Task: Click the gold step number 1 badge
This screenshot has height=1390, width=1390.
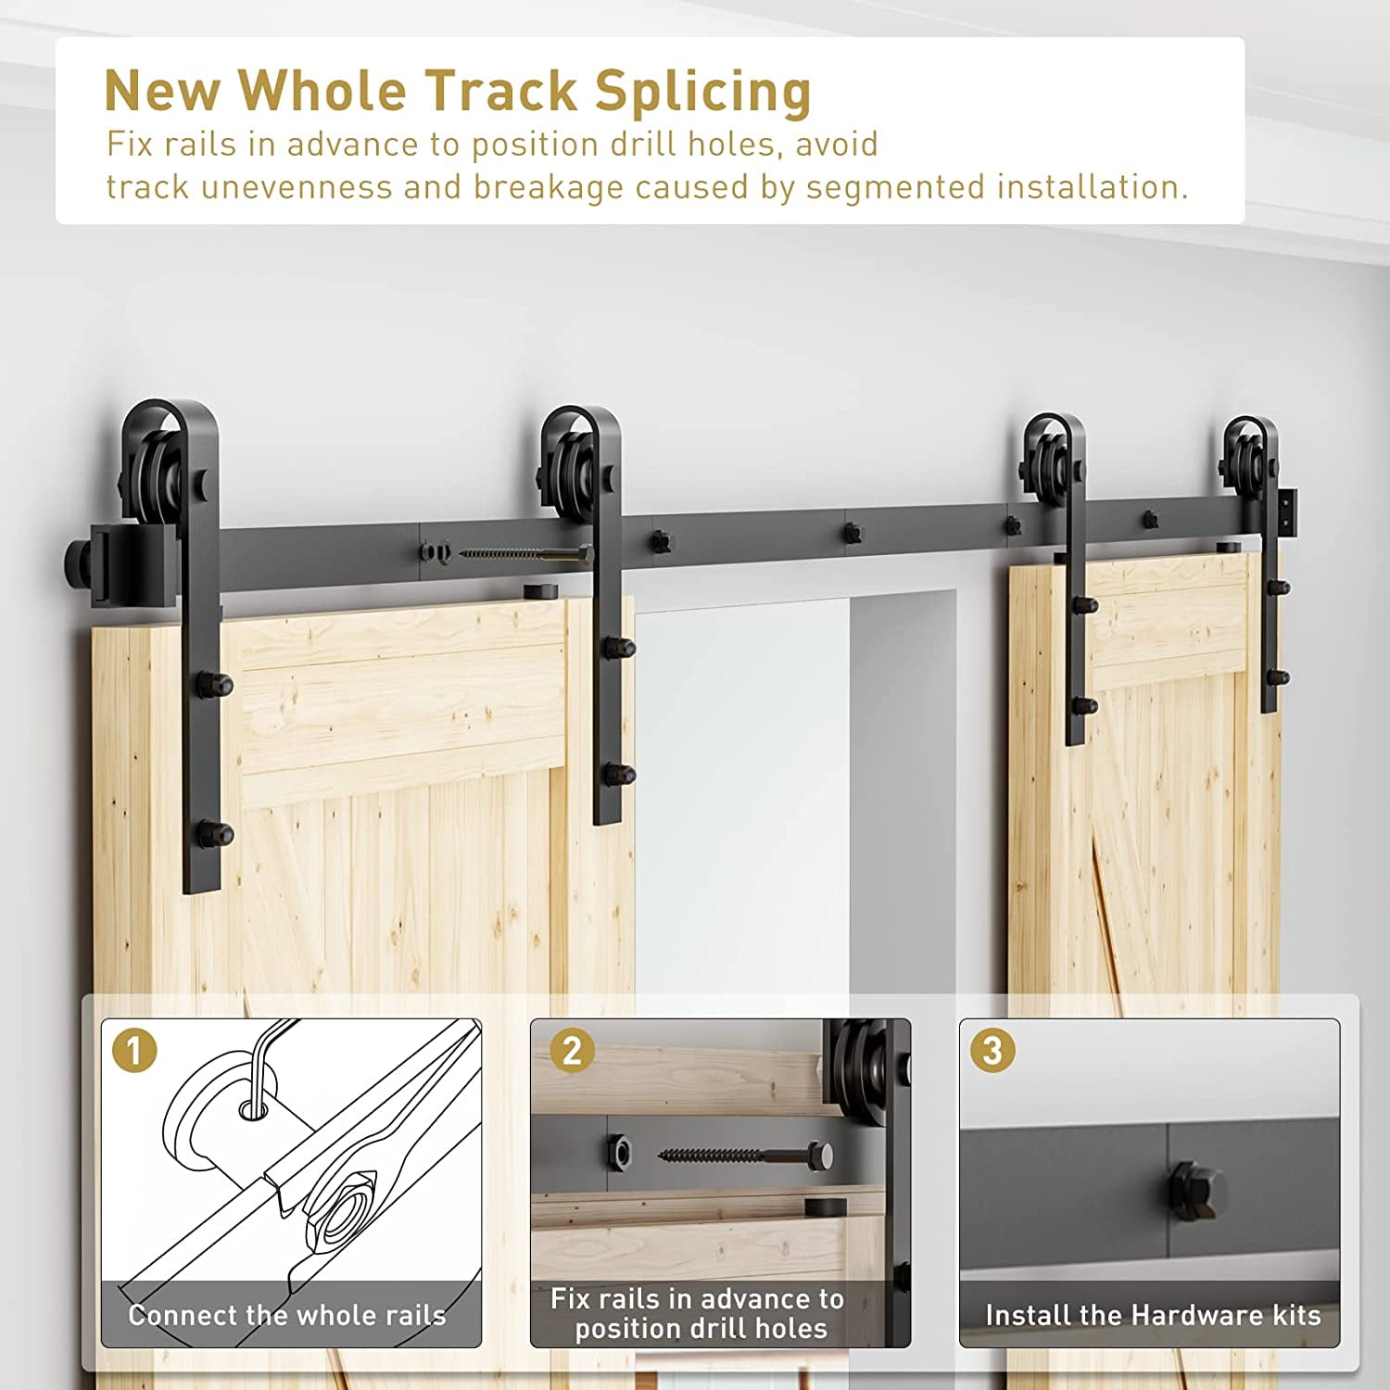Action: [134, 1051]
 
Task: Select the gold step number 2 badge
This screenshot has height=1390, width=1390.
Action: [572, 1051]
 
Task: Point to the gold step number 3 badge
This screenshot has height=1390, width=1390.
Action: [992, 1051]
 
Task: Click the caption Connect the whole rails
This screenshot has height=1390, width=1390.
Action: [287, 1315]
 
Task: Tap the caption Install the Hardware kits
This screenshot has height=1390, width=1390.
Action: [1153, 1315]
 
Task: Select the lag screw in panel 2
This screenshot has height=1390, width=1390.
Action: [745, 1156]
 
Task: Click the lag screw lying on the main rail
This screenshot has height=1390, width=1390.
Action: [524, 554]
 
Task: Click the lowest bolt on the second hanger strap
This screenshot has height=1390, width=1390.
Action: [617, 774]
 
